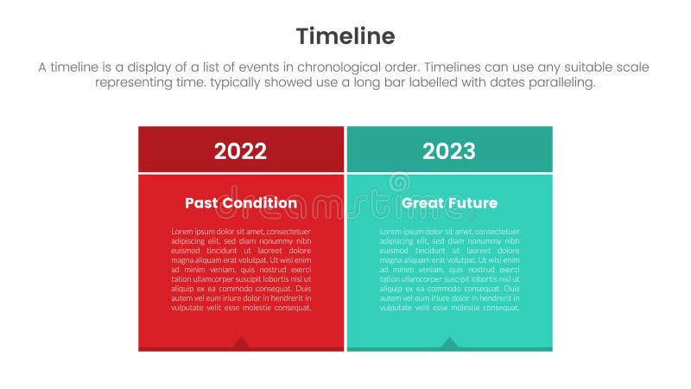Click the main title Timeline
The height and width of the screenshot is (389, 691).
(x=345, y=35)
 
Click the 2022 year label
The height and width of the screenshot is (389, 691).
(x=240, y=151)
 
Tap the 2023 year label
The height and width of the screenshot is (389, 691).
(x=448, y=151)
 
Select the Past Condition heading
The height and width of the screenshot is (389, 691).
(x=241, y=203)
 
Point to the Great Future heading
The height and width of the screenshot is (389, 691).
(x=449, y=203)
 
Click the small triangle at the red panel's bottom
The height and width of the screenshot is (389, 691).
(x=241, y=343)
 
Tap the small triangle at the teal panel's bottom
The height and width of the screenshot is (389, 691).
(x=449, y=343)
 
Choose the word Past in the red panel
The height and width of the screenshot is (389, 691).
(x=202, y=203)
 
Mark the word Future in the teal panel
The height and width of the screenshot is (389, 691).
(x=470, y=203)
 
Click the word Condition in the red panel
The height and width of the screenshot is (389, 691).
(x=259, y=203)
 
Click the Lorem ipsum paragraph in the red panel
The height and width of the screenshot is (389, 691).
(x=241, y=269)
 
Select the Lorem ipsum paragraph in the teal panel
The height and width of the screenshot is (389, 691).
(x=449, y=269)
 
